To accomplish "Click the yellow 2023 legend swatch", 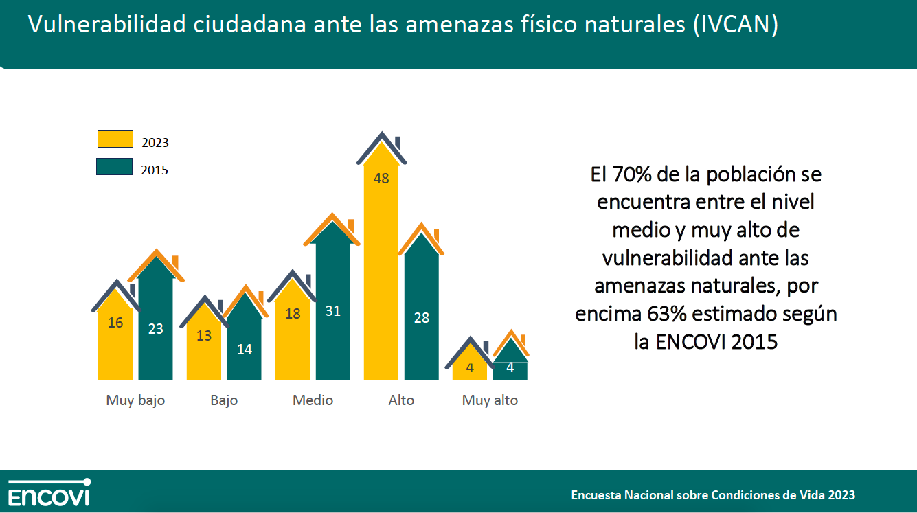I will pyautogui.click(x=114, y=139).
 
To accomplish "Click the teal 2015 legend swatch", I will pyautogui.click(x=114, y=167).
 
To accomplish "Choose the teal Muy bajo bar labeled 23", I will pyautogui.click(x=156, y=323).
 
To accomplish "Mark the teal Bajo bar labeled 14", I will pyautogui.click(x=244, y=343).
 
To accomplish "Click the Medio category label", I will pyautogui.click(x=313, y=400).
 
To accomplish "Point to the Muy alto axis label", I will pyautogui.click(x=490, y=400).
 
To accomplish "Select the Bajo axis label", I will pyautogui.click(x=224, y=400).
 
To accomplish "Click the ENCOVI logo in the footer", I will pyautogui.click(x=49, y=492).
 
